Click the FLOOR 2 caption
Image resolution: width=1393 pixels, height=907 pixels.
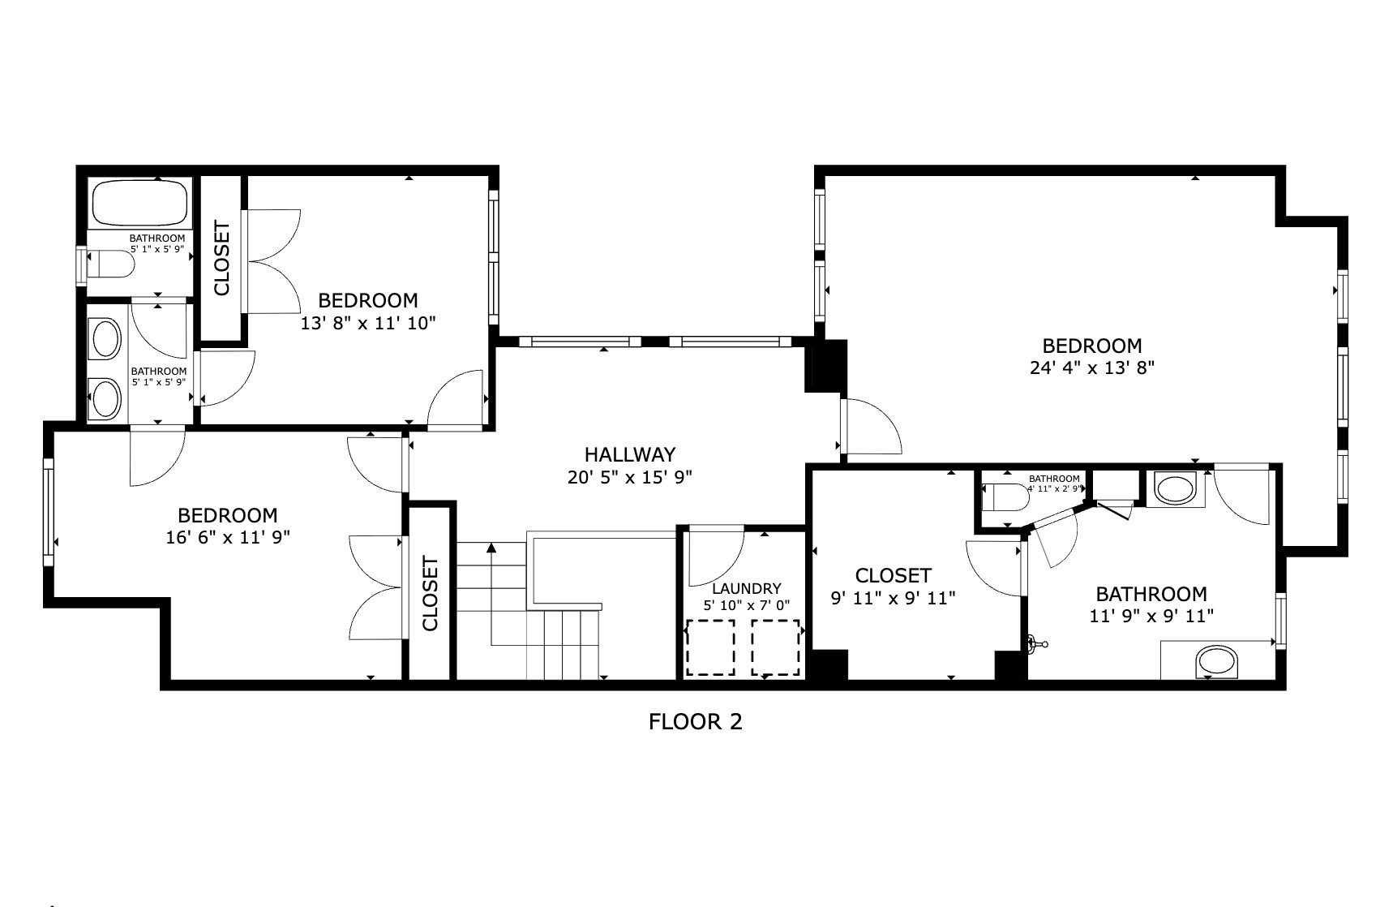point(695,721)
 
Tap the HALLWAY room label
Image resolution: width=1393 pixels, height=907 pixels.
point(630,454)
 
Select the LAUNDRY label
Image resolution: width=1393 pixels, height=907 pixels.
point(746,589)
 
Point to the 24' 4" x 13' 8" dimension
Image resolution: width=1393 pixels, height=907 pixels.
point(1091,368)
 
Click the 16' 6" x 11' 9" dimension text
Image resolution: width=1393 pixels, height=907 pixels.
point(228,537)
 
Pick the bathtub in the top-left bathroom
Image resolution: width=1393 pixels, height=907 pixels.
point(139,203)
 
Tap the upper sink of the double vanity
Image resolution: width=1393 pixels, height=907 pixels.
point(105,340)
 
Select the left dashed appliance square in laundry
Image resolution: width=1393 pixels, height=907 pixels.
point(711,647)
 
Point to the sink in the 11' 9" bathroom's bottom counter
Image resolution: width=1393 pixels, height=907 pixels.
point(1218,661)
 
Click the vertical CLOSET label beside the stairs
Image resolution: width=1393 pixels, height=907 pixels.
point(430,593)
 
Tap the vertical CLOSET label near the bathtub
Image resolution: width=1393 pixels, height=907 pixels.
point(221,258)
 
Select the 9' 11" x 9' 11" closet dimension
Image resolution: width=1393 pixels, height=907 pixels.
point(893,599)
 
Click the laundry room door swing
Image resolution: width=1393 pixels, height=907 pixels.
point(715,557)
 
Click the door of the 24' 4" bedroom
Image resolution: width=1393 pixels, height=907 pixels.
point(872,426)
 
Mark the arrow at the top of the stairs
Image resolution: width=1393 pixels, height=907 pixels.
point(491,549)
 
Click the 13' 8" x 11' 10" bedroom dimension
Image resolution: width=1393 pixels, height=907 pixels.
point(368,324)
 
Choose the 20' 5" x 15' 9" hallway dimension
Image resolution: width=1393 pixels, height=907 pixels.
point(629,477)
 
